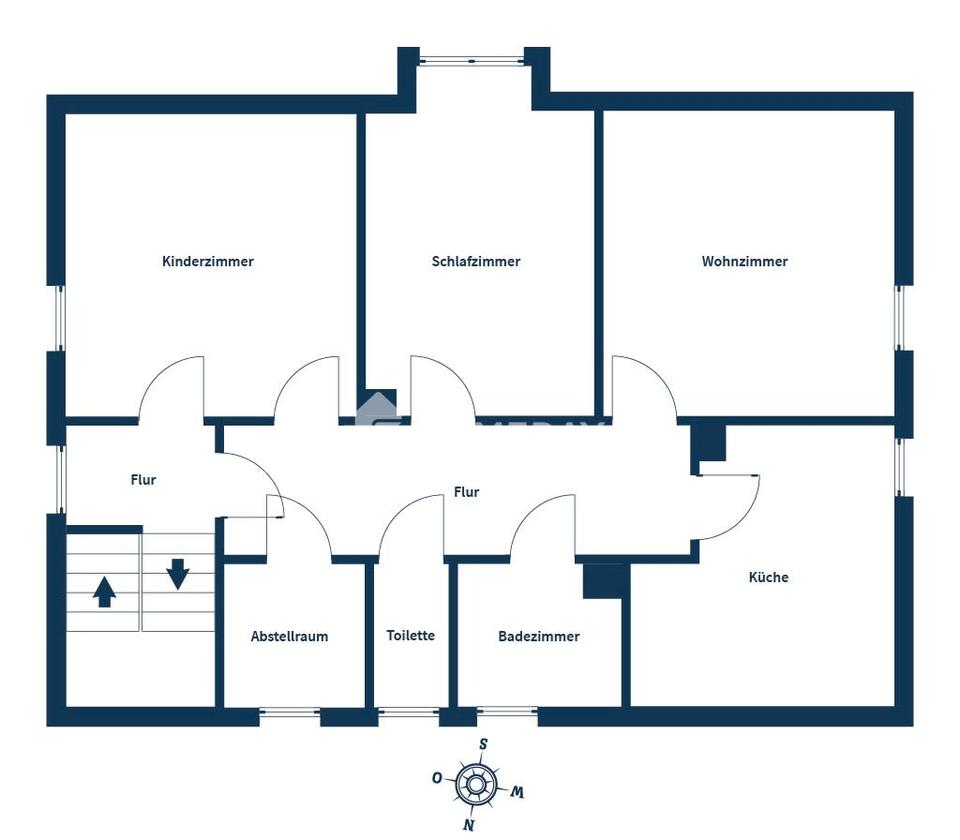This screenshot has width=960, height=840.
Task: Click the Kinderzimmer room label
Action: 208,262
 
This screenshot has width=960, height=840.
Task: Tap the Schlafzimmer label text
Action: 476,262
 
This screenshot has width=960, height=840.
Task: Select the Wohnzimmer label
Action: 744,262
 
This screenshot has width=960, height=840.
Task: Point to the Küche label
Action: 768,577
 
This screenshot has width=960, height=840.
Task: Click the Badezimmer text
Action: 538,636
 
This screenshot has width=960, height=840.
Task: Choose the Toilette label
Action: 411,635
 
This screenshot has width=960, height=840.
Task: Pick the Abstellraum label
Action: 289,636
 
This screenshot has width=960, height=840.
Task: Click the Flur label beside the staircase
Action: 143,480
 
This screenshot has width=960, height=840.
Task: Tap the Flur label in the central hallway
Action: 466,492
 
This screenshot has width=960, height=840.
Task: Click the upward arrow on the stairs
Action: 104,593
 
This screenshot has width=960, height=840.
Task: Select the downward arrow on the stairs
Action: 178,573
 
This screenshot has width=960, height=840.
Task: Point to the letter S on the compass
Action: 483,744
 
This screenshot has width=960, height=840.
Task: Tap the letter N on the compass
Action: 467,825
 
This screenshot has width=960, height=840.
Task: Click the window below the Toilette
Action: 409,713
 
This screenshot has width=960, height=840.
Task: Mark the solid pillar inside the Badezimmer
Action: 603,581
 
